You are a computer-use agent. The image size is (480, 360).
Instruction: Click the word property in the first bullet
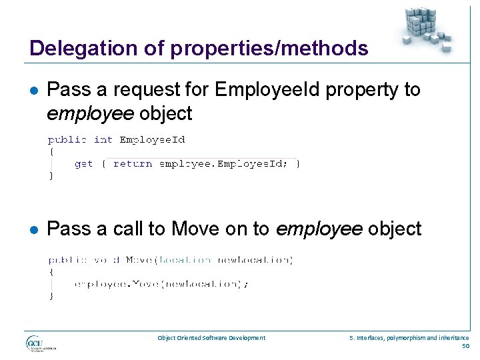click(361, 89)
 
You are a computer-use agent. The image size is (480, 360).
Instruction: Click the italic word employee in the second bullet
click(318, 229)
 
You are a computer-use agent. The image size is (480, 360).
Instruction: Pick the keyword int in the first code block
click(103, 139)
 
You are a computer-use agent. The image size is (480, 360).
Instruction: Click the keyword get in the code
click(83, 163)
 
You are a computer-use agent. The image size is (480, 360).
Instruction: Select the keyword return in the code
click(133, 163)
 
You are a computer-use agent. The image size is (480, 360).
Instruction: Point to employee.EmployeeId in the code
click(224, 163)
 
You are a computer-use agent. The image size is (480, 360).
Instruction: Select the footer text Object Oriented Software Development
click(211, 338)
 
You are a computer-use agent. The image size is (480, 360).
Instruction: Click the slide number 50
click(465, 346)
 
